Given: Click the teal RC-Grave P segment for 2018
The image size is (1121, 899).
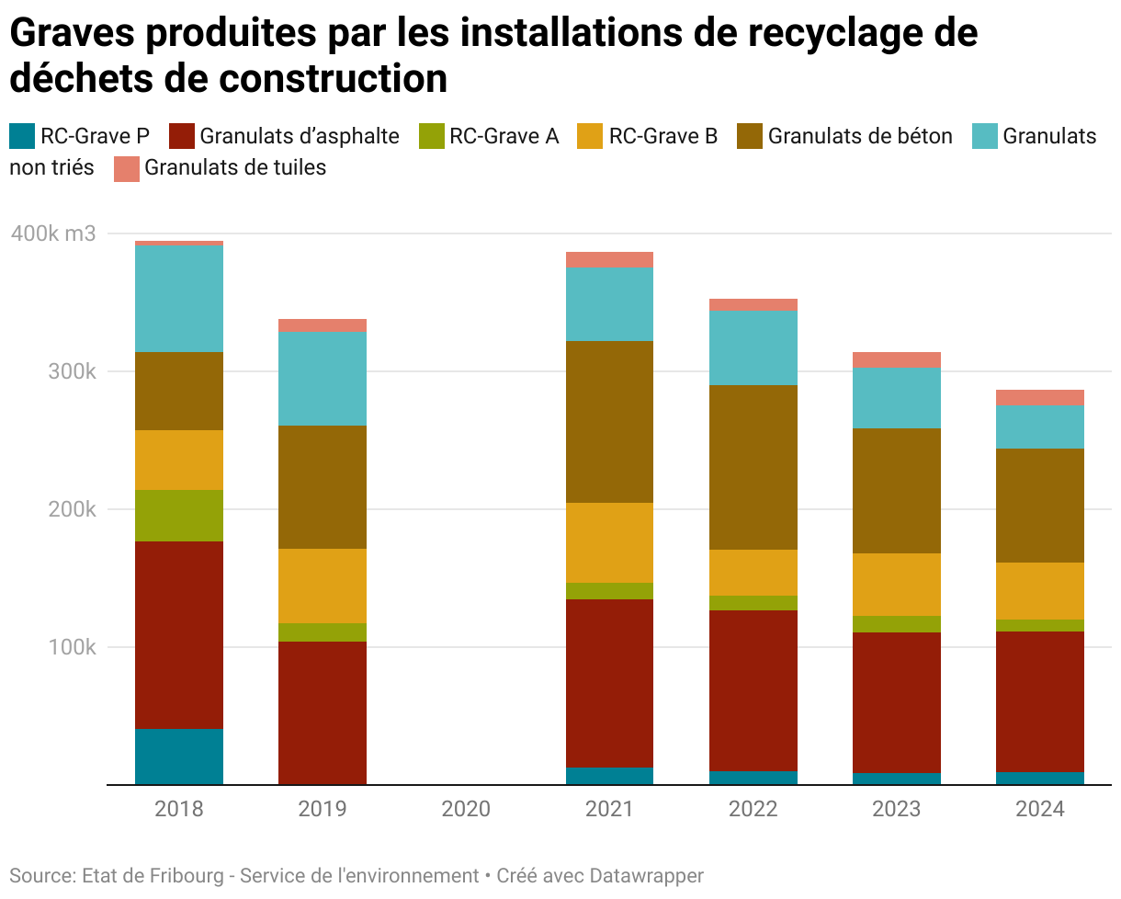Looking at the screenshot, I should (x=179, y=757).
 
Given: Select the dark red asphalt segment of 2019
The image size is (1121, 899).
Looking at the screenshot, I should (x=323, y=712).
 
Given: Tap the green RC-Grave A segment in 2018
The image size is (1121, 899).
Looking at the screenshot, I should (x=179, y=516).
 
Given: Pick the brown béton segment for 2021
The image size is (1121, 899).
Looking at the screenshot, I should (x=609, y=422).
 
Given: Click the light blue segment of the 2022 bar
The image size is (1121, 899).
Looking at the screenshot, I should (x=753, y=347).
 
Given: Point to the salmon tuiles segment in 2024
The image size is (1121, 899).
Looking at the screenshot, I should (x=1039, y=397).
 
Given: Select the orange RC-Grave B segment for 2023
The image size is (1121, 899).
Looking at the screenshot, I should (x=896, y=585).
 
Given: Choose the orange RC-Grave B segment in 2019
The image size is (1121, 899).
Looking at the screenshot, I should (x=323, y=586).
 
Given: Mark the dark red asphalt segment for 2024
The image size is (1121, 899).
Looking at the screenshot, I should (x=1039, y=701).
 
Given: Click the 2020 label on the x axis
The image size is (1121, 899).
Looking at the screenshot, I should (x=466, y=810).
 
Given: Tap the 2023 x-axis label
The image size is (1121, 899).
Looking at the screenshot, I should (x=896, y=810).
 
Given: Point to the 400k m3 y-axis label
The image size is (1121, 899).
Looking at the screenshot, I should (x=53, y=233).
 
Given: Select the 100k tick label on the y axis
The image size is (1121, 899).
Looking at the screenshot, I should (x=72, y=647).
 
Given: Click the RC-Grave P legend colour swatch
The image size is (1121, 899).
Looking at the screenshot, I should (x=22, y=137).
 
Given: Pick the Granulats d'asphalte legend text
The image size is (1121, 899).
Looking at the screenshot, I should (x=300, y=137).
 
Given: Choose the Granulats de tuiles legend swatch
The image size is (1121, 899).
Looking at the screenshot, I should (x=127, y=168).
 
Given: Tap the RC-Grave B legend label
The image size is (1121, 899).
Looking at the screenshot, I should (x=663, y=137).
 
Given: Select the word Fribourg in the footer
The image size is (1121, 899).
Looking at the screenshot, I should (x=187, y=876).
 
